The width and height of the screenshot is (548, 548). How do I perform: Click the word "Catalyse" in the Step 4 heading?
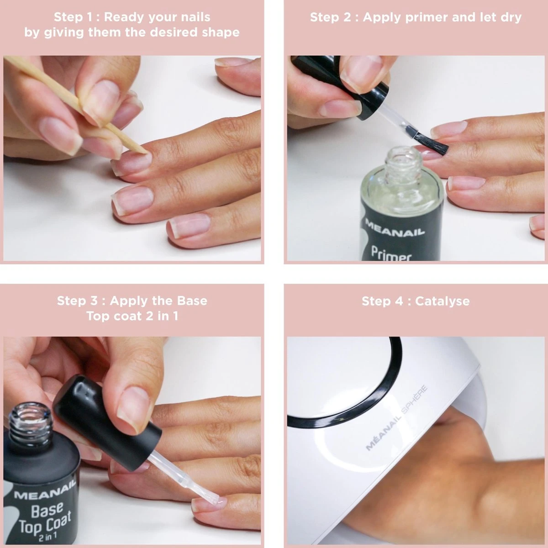[442, 301]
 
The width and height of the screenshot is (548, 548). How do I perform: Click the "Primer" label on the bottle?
[391, 253]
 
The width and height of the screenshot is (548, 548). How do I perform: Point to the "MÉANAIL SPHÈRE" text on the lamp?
[397, 418]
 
